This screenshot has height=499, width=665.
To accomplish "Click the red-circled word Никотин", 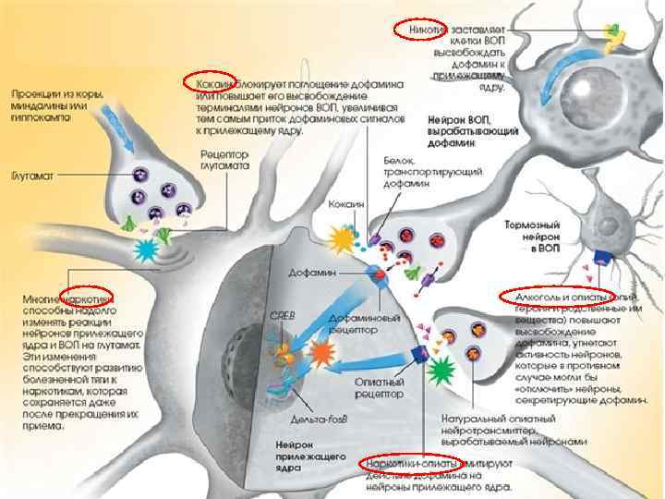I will pyautogui.click(x=420, y=30).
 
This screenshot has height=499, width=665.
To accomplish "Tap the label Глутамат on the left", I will pyautogui.click(x=33, y=175).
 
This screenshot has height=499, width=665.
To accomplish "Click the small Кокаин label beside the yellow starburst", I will pyautogui.click(x=347, y=203).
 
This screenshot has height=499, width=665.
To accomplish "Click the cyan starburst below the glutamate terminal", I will pyautogui.click(x=147, y=249).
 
